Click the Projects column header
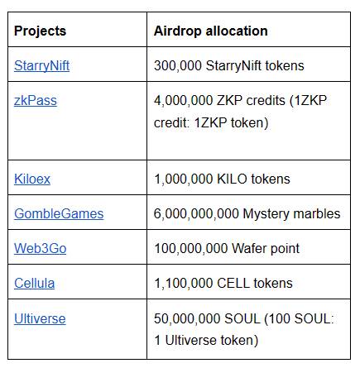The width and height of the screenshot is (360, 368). coord(41,31)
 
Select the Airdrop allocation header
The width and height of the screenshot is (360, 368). coord(211,31)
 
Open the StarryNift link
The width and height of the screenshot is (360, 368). coord(41,66)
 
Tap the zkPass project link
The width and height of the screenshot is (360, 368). coord(36,101)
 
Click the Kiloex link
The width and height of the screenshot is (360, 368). coord(32,179)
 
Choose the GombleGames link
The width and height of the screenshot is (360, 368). coord(59,214)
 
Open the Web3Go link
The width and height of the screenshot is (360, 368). coord(41,248)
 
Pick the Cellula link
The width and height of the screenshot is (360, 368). coord(35,283)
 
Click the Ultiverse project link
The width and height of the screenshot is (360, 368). coord(40,318)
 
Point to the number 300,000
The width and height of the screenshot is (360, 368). coord(178,66)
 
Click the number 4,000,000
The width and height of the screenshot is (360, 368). coord(184,101)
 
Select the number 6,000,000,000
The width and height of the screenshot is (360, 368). coord(196,214)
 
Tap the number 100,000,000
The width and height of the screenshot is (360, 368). coord(191,248)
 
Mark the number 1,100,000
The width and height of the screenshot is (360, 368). coord(184,283)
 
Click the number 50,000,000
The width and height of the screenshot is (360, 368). coord(187,318)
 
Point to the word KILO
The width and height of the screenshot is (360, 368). coord(232,179)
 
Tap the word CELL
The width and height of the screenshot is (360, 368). coord(233,283)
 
